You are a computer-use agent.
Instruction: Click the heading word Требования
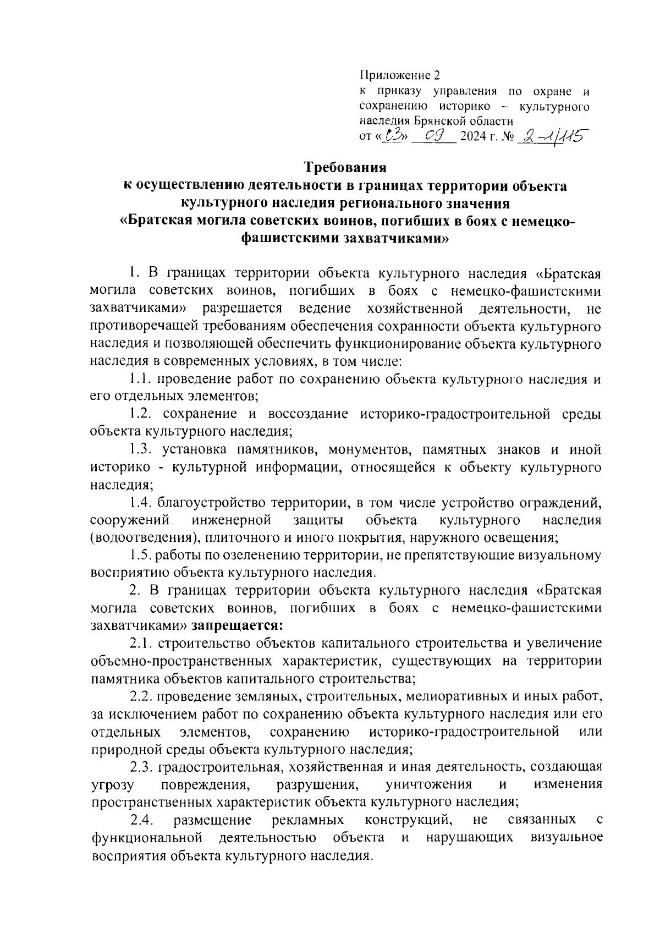[x=346, y=167]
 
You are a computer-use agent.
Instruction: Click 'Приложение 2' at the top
[x=400, y=74]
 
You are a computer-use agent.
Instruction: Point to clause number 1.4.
[x=141, y=502]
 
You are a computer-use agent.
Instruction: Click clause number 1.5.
[x=141, y=554]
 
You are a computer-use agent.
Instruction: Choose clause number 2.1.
[x=141, y=643]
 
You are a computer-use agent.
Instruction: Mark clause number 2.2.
[x=141, y=696]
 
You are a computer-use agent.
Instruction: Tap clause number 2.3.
[x=141, y=766]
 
